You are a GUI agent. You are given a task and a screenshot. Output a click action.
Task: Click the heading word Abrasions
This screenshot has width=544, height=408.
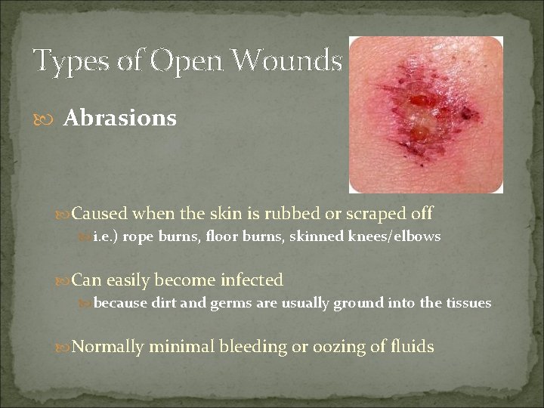[119, 119]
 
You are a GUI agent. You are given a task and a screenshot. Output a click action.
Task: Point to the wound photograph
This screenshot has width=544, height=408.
[425, 114]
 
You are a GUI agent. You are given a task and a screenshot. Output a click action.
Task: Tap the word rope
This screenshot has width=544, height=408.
[137, 237]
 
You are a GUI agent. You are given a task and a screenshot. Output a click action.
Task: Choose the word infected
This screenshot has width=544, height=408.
[252, 280]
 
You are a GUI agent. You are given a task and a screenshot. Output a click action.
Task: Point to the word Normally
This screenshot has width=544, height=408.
[107, 347]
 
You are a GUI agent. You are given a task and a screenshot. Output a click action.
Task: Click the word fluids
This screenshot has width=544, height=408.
[413, 347]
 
